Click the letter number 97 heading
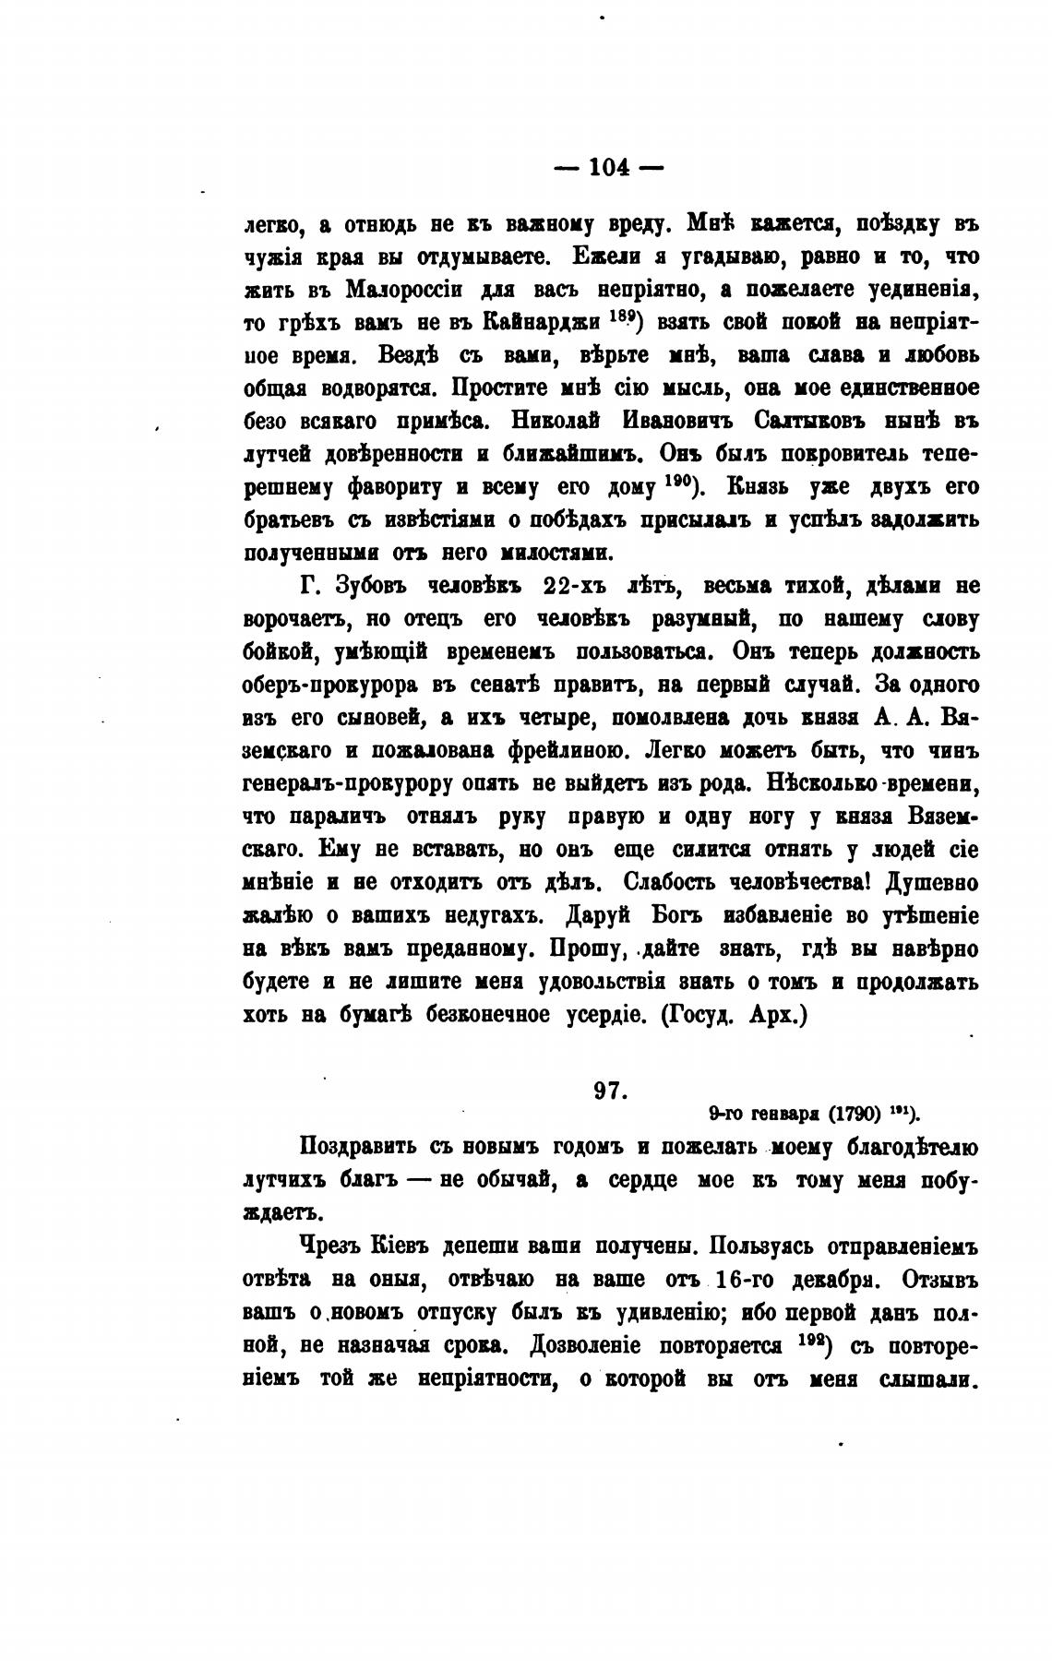point(610,1090)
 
